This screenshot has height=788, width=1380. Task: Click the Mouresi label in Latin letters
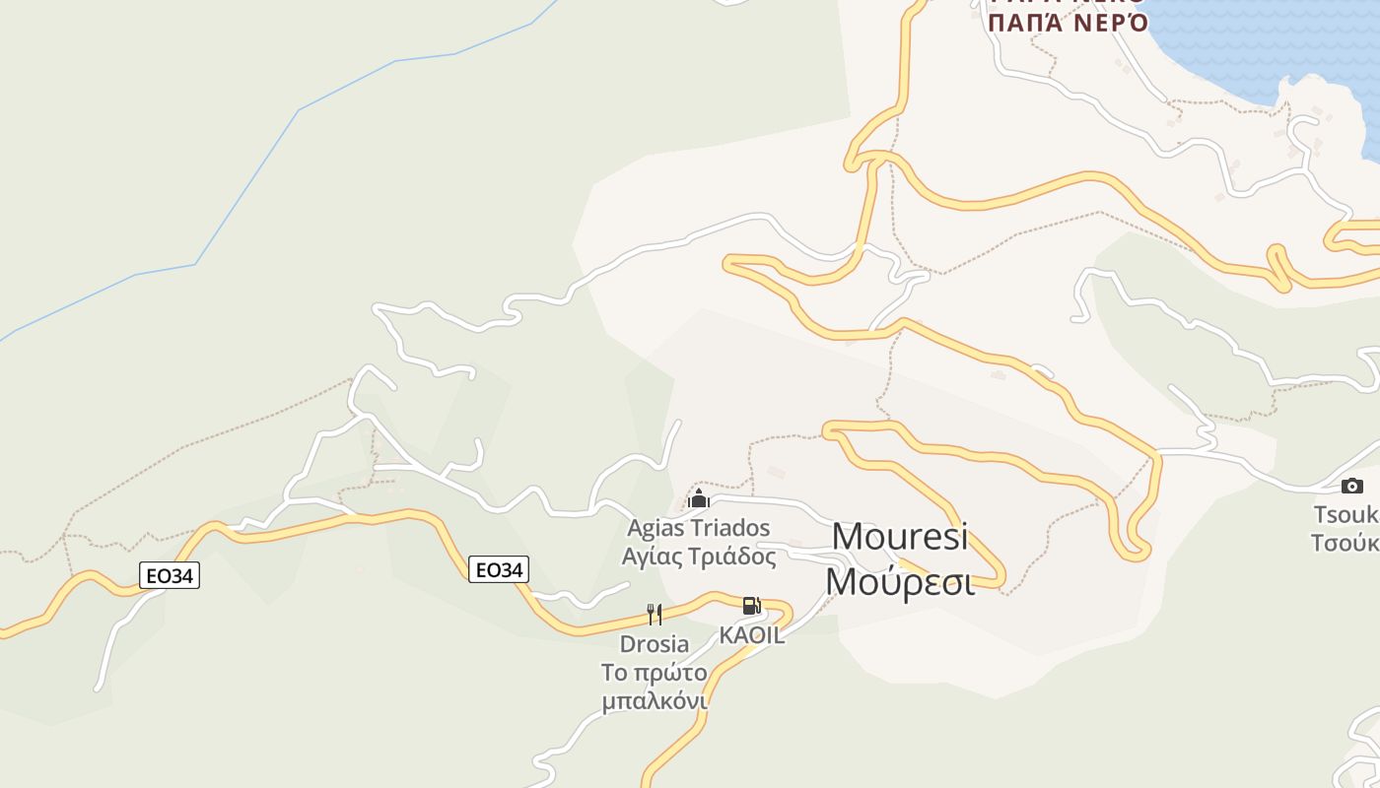tap(900, 538)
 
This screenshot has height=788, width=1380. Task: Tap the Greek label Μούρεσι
tap(900, 581)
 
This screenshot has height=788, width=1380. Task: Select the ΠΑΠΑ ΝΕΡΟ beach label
tap(1068, 23)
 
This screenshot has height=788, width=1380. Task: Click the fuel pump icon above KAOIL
tap(751, 606)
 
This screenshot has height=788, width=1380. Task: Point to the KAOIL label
tap(752, 635)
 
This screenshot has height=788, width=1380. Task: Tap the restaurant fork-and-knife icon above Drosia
tap(655, 616)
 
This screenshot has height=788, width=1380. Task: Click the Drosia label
tap(655, 644)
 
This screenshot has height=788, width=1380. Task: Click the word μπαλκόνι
tap(655, 701)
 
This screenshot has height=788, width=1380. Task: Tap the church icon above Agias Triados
tap(699, 498)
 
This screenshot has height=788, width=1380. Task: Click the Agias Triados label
tap(699, 528)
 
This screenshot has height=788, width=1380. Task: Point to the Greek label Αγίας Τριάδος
tap(699, 557)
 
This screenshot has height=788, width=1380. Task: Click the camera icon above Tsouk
tap(1351, 486)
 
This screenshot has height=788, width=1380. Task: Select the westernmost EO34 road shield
tap(170, 575)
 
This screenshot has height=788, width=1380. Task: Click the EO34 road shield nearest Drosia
tap(499, 569)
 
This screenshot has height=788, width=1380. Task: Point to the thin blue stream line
tap(246, 187)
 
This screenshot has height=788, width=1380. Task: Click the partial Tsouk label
tap(1345, 514)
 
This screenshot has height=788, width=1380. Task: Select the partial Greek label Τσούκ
tap(1345, 543)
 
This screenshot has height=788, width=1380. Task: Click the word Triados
tap(730, 528)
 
